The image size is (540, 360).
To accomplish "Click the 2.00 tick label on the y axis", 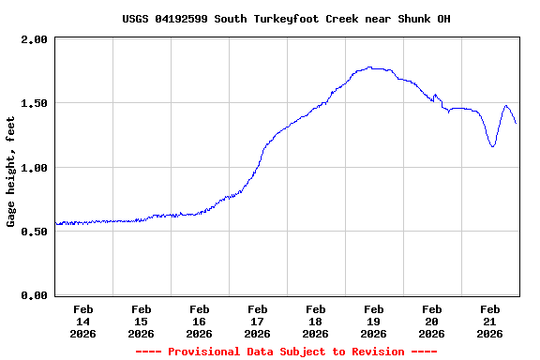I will pyautogui.click(x=35, y=39).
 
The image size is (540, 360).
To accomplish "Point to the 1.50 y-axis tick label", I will pyautogui.click(x=35, y=103).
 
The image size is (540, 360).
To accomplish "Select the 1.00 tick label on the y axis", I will pyautogui.click(x=35, y=167).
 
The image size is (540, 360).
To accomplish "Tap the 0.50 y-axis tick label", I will pyautogui.click(x=35, y=232).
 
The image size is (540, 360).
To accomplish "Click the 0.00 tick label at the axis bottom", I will pyautogui.click(x=35, y=295).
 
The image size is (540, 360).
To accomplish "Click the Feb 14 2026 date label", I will pyautogui.click(x=82, y=321).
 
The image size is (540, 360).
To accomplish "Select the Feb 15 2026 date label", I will pyautogui.click(x=141, y=321).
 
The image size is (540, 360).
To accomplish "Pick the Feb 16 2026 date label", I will pyautogui.click(x=199, y=321).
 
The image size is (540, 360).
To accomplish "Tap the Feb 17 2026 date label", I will pyautogui.click(x=257, y=321).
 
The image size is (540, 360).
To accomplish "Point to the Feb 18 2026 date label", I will pyautogui.click(x=315, y=321).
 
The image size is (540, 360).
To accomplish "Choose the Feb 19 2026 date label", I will pyautogui.click(x=373, y=321).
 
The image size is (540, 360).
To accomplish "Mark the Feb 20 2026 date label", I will pyautogui.click(x=431, y=321).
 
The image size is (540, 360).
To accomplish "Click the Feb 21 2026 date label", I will pyautogui.click(x=489, y=321).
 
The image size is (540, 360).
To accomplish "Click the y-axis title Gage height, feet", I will pyautogui.click(x=11, y=172).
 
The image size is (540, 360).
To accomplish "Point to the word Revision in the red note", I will pyautogui.click(x=375, y=352).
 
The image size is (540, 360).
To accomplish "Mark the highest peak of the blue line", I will pyautogui.click(x=370, y=67).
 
